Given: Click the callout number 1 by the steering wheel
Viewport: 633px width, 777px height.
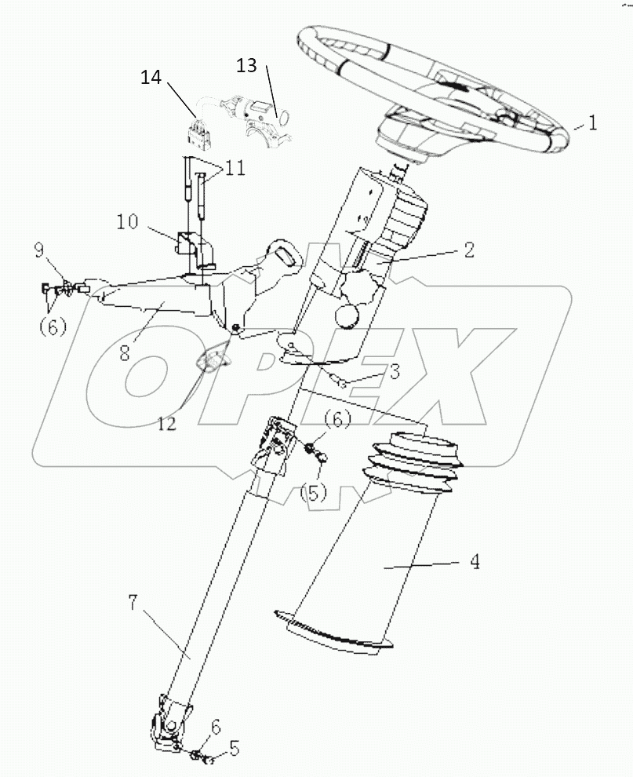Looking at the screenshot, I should (593, 122).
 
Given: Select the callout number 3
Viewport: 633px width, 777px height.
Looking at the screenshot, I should (395, 371).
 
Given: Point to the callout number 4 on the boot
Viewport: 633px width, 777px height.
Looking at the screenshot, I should (474, 562).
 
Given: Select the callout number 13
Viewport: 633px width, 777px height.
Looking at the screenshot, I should (246, 65).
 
